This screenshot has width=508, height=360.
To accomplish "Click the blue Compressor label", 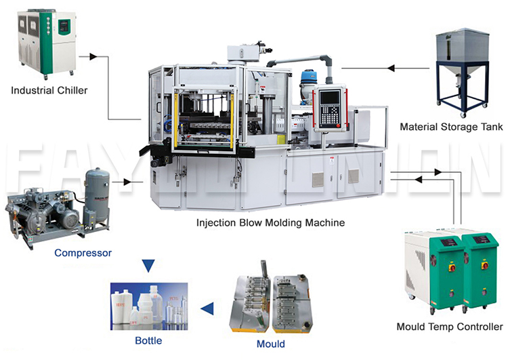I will (x=83, y=253).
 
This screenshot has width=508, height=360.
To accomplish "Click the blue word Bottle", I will (x=149, y=340).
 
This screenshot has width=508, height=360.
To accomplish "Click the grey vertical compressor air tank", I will (x=96, y=197).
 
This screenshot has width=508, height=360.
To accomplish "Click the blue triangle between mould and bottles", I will (x=209, y=310).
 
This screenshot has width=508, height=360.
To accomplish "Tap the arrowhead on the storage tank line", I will (x=390, y=68).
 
